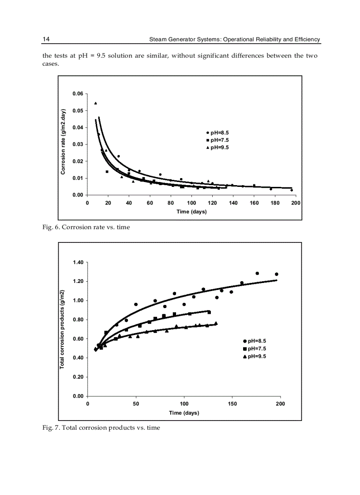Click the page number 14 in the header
click(x=46, y=39)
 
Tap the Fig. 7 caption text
click(x=101, y=428)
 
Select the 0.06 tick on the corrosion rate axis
click(x=78, y=94)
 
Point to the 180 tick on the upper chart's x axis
click(x=275, y=203)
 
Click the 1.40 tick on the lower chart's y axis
click(x=78, y=263)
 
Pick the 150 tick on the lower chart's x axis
click(x=233, y=404)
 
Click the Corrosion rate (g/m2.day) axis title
click(x=63, y=141)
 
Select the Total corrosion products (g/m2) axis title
click(x=62, y=330)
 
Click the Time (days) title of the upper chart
click(x=191, y=212)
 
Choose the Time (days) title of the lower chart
click(x=184, y=413)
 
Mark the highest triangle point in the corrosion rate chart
click(x=96, y=103)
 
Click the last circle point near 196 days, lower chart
click(x=277, y=274)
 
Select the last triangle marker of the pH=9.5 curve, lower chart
click(x=216, y=323)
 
